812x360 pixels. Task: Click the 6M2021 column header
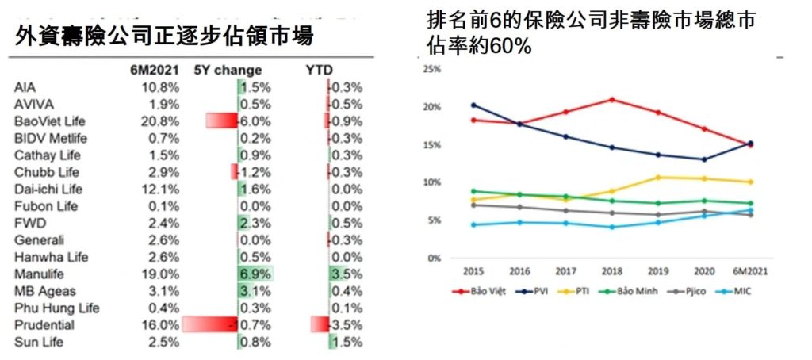(155, 70)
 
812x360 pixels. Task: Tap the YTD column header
(319, 70)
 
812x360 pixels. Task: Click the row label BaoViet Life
(50, 121)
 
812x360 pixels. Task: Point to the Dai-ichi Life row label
(48, 190)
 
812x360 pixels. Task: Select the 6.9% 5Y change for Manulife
(255, 274)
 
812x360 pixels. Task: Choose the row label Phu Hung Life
(57, 308)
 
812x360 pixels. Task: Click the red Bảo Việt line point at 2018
(611, 99)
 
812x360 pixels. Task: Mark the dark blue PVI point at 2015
(473, 105)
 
